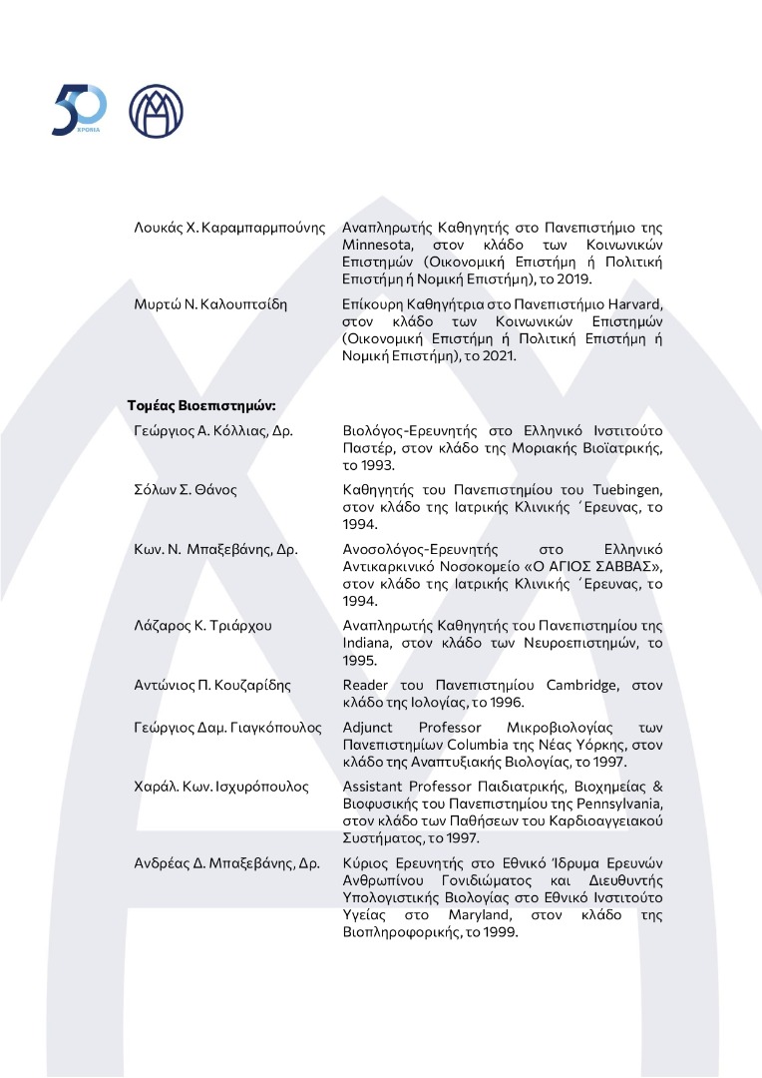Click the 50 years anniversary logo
click(x=79, y=111)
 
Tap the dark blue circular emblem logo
click(x=157, y=111)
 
